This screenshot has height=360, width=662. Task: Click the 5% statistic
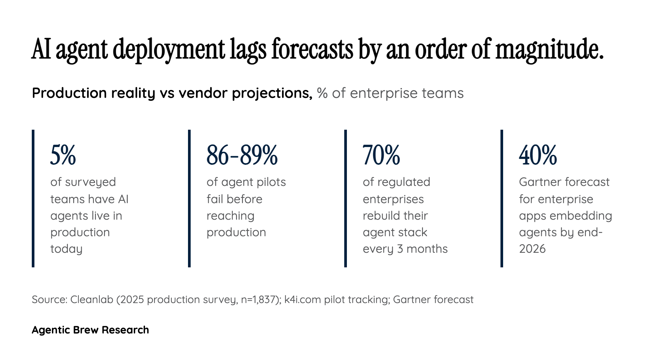point(63,155)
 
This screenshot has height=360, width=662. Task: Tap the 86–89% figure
point(242,155)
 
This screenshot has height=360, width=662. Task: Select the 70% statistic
point(381,155)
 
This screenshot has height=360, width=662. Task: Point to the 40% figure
point(538,155)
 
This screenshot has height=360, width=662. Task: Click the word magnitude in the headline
point(549,50)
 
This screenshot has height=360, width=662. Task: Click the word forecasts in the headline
point(312,50)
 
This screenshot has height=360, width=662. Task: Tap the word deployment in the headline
point(171,50)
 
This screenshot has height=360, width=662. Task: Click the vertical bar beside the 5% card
point(33,199)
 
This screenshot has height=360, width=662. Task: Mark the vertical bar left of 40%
point(502,199)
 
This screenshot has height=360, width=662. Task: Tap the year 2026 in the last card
point(532,249)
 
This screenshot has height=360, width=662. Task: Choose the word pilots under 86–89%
point(268,182)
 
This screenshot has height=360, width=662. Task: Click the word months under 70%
point(427,249)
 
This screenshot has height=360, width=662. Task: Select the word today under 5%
point(66,249)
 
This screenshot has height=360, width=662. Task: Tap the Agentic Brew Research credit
point(90,330)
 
